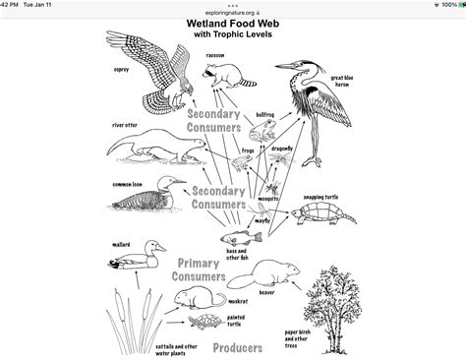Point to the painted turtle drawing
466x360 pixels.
coord(206,322)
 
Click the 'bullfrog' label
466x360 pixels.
coord(265,115)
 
